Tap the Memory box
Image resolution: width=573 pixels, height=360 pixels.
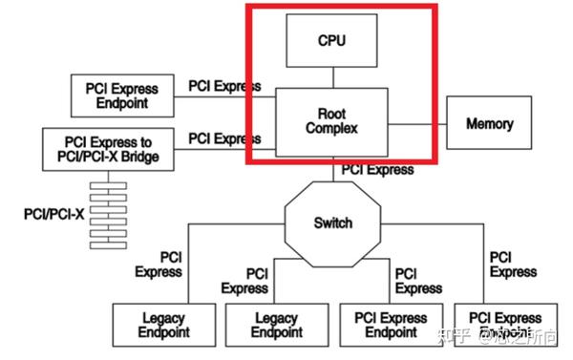(x=489, y=124)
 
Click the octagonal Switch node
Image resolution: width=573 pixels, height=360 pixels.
(x=332, y=222)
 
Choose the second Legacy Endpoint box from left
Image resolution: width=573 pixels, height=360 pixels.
(x=275, y=326)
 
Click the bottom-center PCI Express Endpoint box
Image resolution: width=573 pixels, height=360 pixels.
(x=390, y=326)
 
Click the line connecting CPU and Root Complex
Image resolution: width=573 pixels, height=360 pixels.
(x=330, y=77)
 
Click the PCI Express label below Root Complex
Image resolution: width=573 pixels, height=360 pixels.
(x=377, y=169)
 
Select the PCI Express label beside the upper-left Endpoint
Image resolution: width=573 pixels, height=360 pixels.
(x=224, y=86)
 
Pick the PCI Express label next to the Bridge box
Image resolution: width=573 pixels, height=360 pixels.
(x=224, y=138)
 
